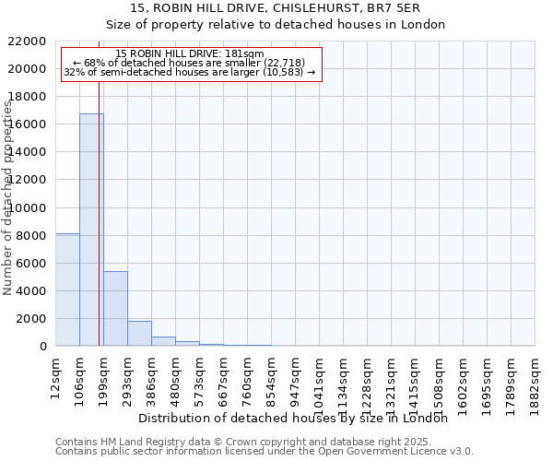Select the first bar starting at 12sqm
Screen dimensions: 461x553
pos(67,290)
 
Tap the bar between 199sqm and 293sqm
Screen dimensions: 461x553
pos(115,309)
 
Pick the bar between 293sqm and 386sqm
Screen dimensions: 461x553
pos(139,334)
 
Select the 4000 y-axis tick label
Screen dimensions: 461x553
pos(30,291)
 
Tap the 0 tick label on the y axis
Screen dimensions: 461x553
pos(42,347)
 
